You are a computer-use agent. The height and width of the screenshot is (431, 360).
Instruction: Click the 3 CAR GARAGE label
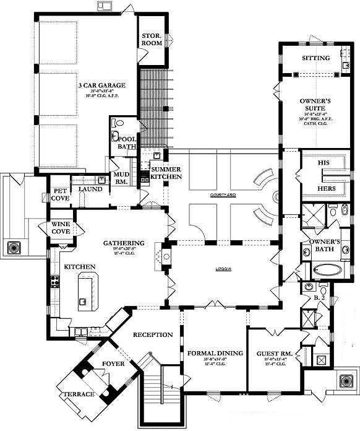coord(101,85)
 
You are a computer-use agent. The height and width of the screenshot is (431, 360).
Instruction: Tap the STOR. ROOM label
coord(152,40)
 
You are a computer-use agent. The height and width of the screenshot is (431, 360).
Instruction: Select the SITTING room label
coord(315,58)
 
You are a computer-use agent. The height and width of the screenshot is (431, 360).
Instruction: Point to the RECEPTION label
coord(153,334)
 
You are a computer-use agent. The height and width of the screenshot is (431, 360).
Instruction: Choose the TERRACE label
coord(79,394)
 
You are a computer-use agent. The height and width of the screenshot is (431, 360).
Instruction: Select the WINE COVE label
coord(64,227)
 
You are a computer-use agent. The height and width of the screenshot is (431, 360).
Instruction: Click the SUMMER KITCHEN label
coord(166,173)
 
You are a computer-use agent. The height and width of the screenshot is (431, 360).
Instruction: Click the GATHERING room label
coord(124,243)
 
